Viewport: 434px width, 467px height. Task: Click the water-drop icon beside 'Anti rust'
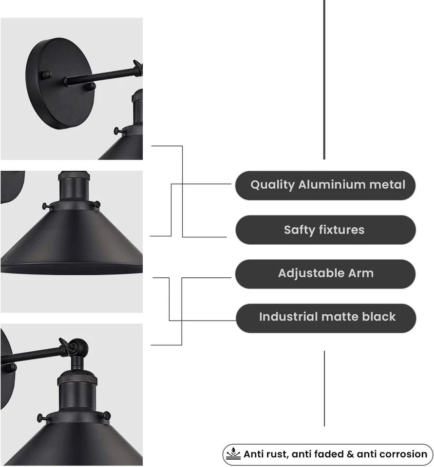coord(233,454)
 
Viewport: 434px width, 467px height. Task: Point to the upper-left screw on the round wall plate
coord(47,75)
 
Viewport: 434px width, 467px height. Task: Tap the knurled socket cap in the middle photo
coord(74,176)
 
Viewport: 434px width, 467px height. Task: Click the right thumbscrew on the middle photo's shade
coord(97,204)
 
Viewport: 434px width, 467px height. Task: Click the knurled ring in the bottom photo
coord(77,379)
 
